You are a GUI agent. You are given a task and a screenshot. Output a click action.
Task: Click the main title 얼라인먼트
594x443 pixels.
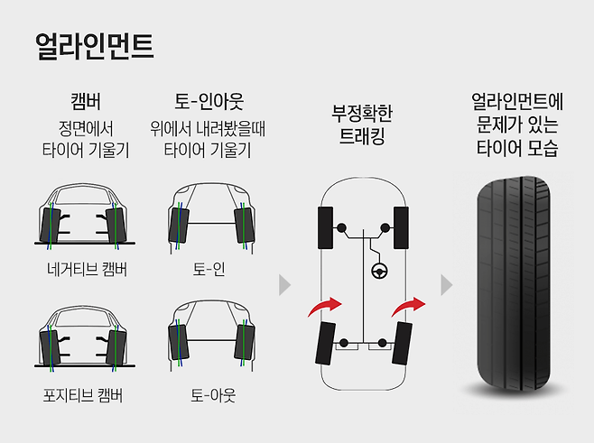pyautogui.click(x=93, y=45)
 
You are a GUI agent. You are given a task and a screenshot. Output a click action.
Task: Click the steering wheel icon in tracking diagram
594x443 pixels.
pyautogui.click(x=378, y=269)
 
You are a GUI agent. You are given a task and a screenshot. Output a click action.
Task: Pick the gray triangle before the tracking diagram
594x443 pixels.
pyautogui.click(x=285, y=285)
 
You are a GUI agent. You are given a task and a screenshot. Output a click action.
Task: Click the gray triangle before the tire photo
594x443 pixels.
pyautogui.click(x=446, y=285)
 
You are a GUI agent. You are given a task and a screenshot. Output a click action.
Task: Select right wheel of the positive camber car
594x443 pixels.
pyautogui.click(x=115, y=348)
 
